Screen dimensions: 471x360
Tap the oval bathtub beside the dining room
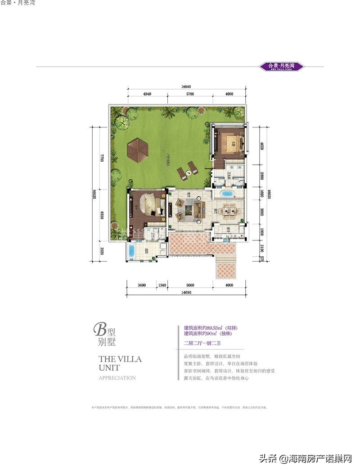[229, 195]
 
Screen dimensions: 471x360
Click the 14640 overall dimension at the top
[187, 86]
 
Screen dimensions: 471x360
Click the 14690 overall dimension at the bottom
[186, 292]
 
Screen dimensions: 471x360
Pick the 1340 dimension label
[162, 285]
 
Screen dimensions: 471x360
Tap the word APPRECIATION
[117, 378]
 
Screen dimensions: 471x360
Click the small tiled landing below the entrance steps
[226, 270]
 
